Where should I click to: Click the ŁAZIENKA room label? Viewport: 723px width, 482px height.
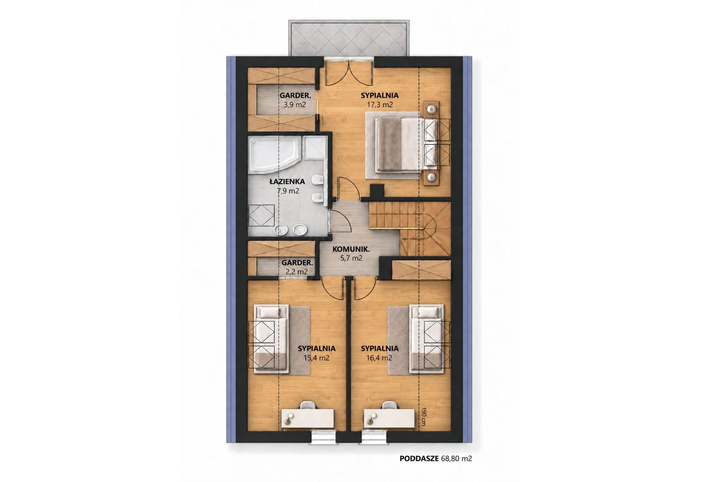tap(287, 181)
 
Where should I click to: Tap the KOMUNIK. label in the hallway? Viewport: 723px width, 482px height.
tap(351, 249)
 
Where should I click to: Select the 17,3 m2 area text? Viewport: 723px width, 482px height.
tap(379, 105)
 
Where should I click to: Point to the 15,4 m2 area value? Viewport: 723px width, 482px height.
tap(316, 358)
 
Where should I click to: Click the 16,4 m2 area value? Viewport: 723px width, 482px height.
tap(379, 358)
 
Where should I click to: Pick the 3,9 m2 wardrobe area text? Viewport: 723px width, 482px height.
tap(295, 105)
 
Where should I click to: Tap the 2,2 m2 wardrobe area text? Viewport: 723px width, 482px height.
tap(297, 272)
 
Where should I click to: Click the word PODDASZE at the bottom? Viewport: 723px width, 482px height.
tap(419, 458)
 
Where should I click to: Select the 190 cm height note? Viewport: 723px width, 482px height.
tap(423, 417)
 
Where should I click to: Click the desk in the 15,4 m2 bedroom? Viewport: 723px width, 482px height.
tap(307, 419)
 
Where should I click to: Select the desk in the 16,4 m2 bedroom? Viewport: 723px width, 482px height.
tap(389, 419)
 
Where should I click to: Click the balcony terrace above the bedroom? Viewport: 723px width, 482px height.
tap(349, 39)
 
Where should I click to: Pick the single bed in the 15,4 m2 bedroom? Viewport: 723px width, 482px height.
tap(271, 339)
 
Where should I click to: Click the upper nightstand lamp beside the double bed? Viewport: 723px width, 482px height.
tap(431, 110)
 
